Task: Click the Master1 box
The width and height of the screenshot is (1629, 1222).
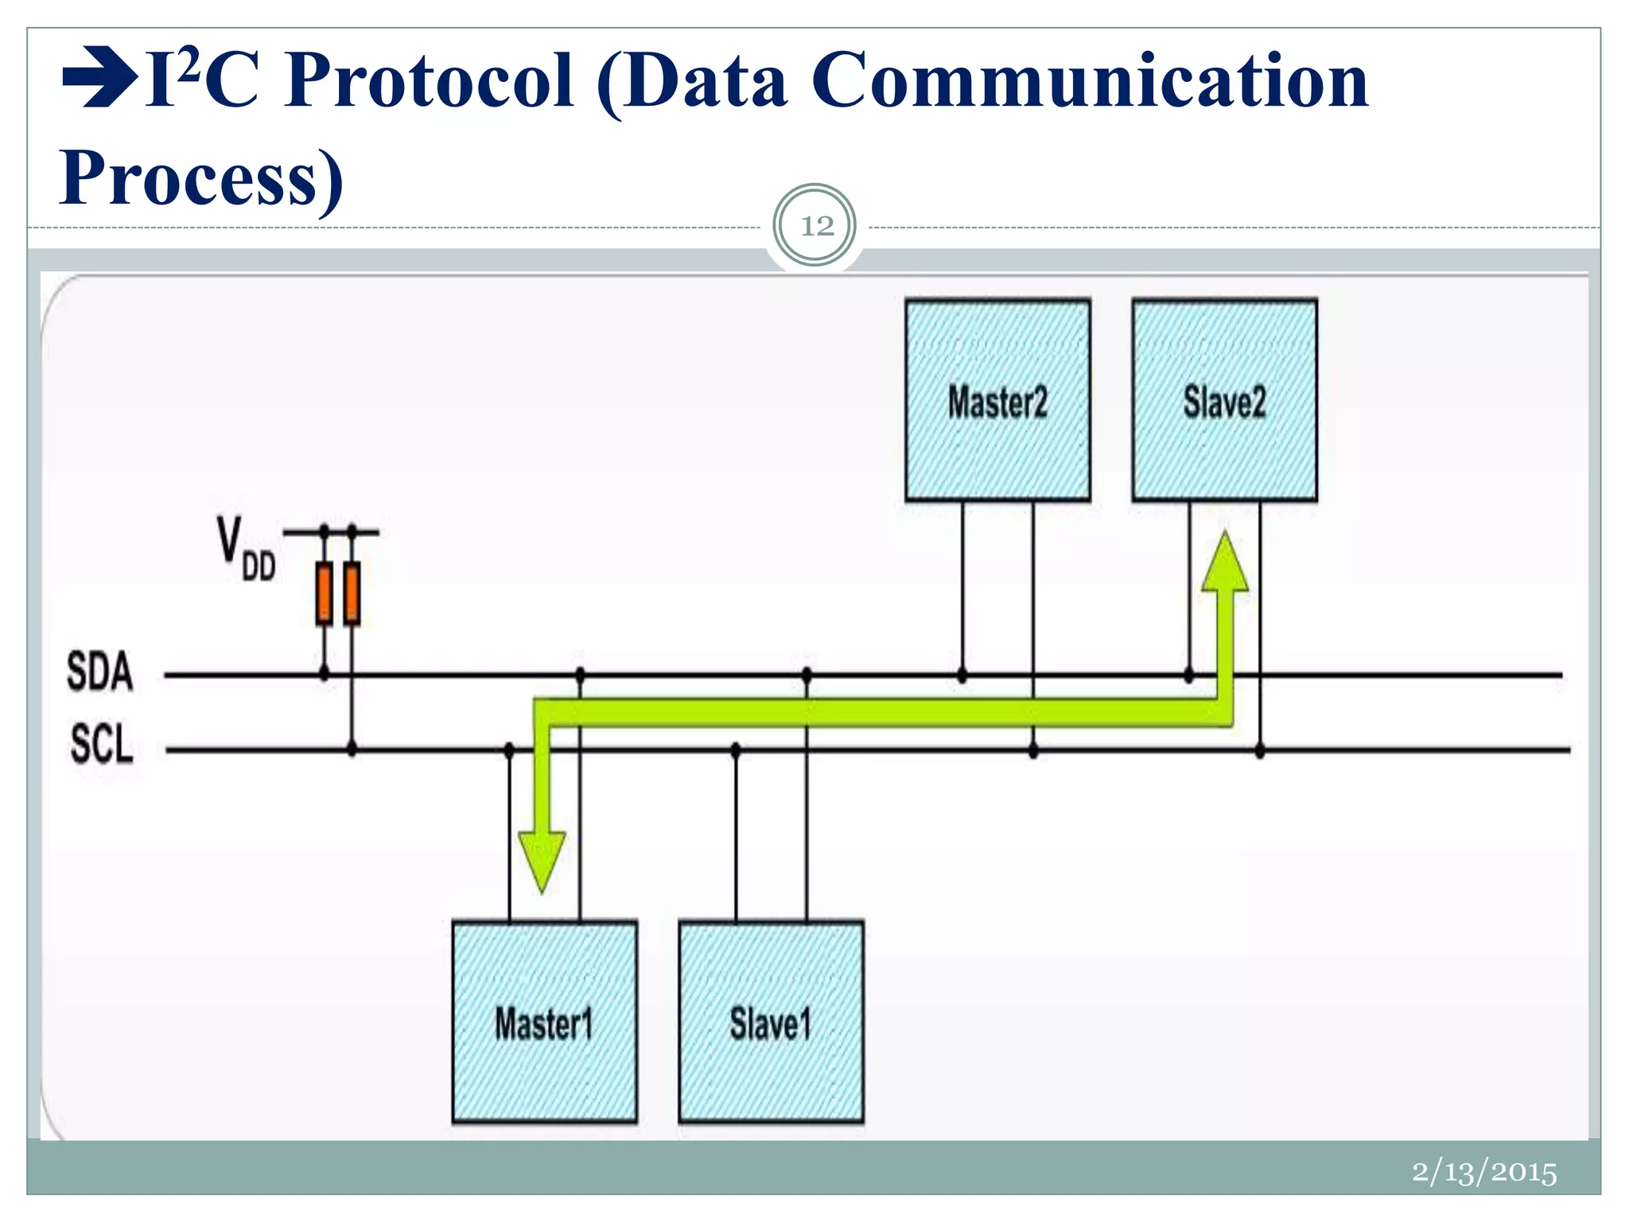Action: pyautogui.click(x=544, y=1022)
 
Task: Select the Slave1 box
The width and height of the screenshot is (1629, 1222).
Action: pyautogui.click(x=771, y=1022)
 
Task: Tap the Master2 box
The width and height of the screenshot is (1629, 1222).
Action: pyautogui.click(x=997, y=400)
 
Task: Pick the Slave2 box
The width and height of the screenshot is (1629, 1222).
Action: pyautogui.click(x=1224, y=400)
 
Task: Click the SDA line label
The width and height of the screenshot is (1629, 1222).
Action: pyautogui.click(x=99, y=671)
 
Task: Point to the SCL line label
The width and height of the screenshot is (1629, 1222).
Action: pyautogui.click(x=102, y=745)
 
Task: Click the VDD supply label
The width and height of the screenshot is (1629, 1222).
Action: pyautogui.click(x=246, y=549)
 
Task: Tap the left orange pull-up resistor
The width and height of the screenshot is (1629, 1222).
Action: pyautogui.click(x=324, y=593)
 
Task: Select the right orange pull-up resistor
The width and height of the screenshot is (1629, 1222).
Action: pyautogui.click(x=352, y=593)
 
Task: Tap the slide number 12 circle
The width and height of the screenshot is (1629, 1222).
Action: pyautogui.click(x=815, y=226)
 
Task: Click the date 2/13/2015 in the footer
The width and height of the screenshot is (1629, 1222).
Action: pyautogui.click(x=1483, y=1172)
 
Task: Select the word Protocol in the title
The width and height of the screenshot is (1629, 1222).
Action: pyautogui.click(x=430, y=81)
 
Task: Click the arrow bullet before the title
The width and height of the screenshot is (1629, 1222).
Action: pyautogui.click(x=99, y=78)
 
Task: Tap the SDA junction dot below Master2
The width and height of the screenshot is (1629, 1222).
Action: pyautogui.click(x=962, y=675)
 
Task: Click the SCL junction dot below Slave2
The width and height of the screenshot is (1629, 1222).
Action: pyautogui.click(x=1260, y=750)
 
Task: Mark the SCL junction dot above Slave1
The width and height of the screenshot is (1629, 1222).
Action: pyautogui.click(x=736, y=749)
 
